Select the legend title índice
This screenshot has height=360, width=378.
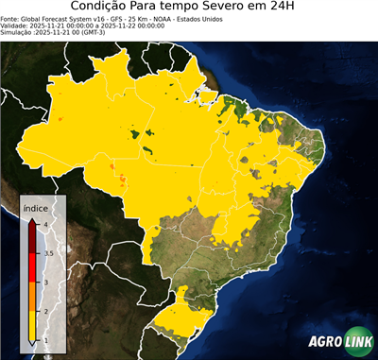point(36,205)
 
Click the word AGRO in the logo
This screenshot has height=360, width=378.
point(325,342)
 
